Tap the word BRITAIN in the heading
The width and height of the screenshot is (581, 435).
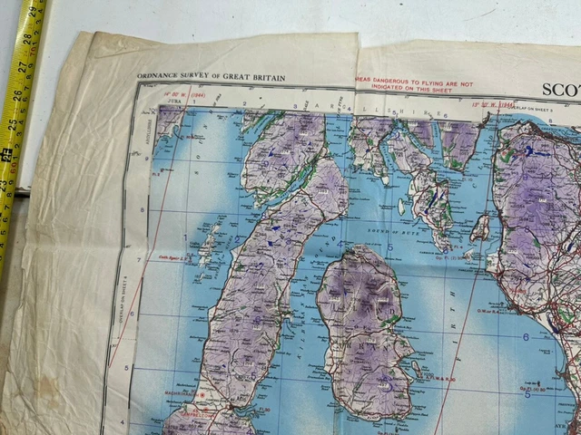click(x=265, y=78)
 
